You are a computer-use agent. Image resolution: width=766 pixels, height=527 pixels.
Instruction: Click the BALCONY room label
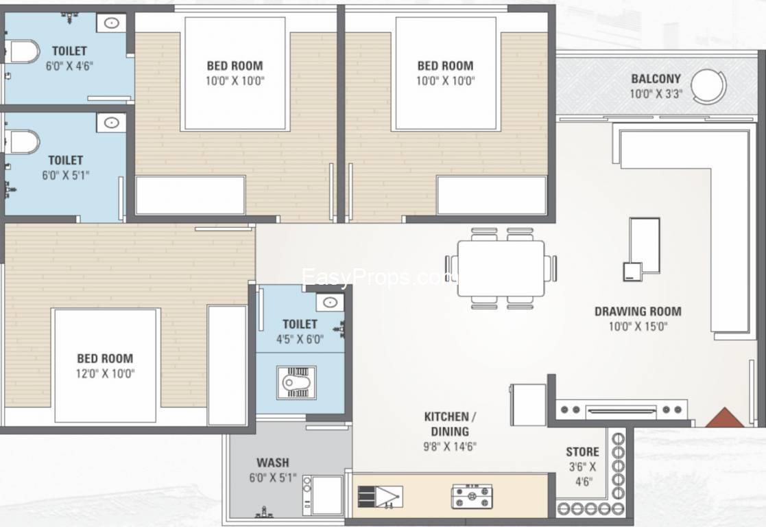click(x=656, y=79)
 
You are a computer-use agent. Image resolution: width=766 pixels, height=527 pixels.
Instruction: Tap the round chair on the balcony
click(x=709, y=86)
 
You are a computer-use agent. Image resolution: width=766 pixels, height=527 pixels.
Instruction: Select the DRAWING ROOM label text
click(x=638, y=312)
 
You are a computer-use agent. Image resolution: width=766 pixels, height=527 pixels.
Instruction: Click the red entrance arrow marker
click(x=724, y=418)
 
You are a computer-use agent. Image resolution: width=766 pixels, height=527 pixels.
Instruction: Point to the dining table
click(x=501, y=268)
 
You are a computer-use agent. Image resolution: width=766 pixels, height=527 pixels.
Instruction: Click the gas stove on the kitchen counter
click(x=472, y=497)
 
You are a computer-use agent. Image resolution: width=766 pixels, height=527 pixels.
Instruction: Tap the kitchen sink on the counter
click(x=381, y=497)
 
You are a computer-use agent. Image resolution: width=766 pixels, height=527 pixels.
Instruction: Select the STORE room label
click(x=582, y=452)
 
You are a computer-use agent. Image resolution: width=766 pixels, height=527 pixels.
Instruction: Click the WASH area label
click(x=273, y=462)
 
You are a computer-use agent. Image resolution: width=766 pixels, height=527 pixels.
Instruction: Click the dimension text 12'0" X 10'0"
click(x=105, y=374)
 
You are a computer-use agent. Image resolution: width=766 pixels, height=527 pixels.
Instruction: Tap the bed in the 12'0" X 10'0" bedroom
click(x=106, y=365)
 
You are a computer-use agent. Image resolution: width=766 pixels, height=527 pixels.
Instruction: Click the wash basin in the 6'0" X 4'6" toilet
click(x=111, y=23)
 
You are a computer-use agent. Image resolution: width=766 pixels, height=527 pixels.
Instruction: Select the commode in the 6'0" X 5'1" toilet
click(x=21, y=141)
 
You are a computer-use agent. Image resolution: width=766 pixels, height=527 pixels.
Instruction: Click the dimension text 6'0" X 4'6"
click(x=69, y=66)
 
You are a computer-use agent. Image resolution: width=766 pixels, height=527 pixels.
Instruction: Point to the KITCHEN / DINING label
click(x=450, y=424)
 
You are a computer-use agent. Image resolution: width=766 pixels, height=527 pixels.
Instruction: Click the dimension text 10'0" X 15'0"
click(x=638, y=327)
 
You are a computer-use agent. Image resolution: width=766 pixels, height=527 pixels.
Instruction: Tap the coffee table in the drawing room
click(x=645, y=245)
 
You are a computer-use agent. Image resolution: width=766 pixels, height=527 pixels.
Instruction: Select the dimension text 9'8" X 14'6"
click(x=450, y=446)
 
